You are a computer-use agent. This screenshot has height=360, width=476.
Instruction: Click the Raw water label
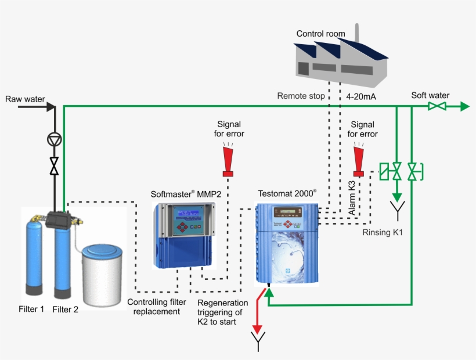[25, 99]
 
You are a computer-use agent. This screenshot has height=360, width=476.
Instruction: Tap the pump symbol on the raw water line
[54, 139]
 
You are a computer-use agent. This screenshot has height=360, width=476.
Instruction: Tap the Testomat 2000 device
[287, 244]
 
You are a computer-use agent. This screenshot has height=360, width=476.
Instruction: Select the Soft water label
[430, 95]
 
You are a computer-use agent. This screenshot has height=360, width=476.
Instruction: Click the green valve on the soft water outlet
[437, 106]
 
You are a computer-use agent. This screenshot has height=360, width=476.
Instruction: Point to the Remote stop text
[301, 96]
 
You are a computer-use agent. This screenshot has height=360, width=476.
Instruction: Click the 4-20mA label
[361, 96]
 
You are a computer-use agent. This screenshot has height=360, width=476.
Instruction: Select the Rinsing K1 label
[382, 232]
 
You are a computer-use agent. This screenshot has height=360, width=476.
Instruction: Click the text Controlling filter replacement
[157, 307]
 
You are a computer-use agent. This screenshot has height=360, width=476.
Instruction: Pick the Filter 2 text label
[65, 309]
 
